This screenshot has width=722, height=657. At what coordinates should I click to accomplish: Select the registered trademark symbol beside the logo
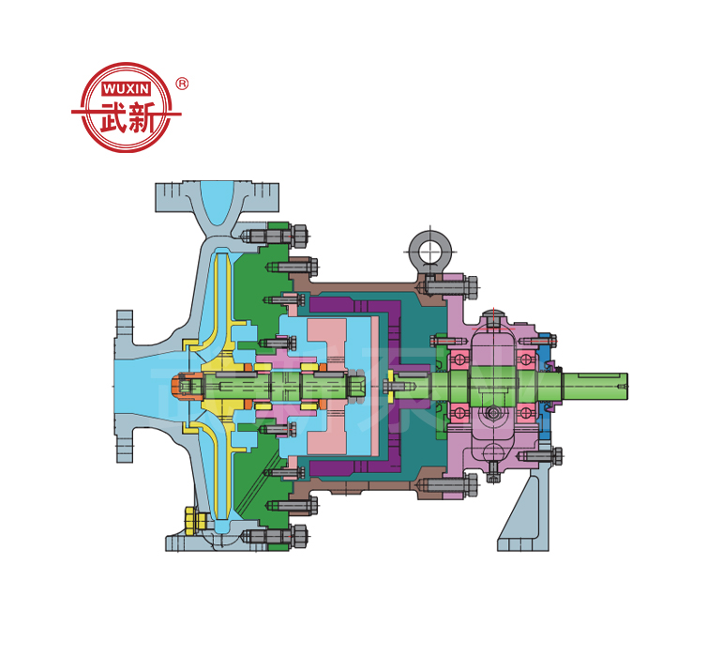coord(182,84)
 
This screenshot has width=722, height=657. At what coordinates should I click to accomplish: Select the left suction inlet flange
coord(123,384)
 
